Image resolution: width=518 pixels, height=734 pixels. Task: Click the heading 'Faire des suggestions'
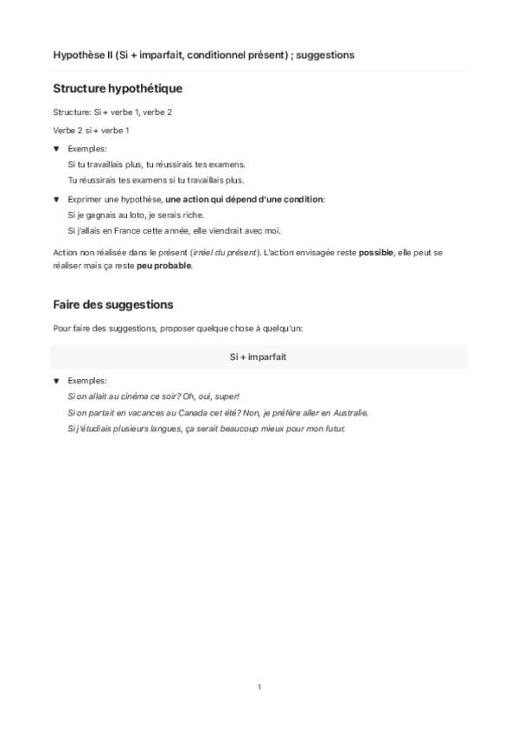pos(113,305)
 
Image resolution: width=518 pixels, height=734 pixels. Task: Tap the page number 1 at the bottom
pos(259,686)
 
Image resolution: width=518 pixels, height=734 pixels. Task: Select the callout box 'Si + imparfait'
pos(259,357)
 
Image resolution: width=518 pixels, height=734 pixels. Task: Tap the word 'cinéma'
pos(131,396)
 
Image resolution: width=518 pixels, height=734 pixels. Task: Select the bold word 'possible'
pos(358,252)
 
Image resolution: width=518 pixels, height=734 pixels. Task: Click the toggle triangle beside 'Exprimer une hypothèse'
pos(57,199)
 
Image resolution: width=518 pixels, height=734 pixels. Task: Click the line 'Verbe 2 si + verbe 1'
pos(91,131)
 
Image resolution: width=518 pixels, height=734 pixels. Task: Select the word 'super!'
pos(215,396)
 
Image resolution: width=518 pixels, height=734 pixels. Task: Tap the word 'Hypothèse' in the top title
pos(80,55)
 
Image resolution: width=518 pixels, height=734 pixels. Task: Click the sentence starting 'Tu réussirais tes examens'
pos(156,180)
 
